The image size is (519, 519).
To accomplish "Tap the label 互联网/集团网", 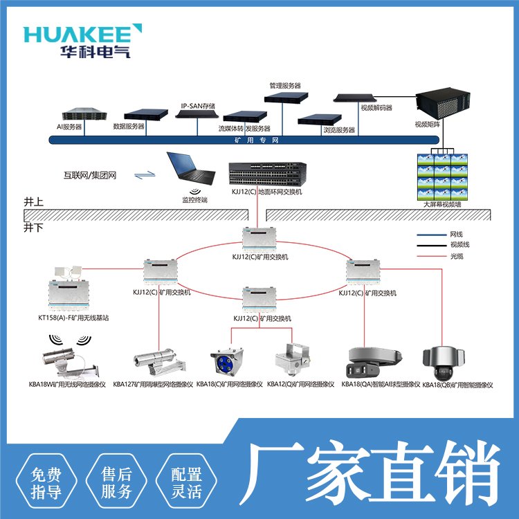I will pos(89,176).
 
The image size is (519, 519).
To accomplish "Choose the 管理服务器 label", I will pos(285,85).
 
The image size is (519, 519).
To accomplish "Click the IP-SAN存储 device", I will pos(199,113).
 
